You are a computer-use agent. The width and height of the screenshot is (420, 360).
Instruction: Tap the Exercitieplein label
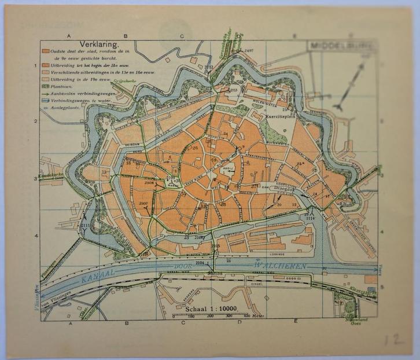point(280,116)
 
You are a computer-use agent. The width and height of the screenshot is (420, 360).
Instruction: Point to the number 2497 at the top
point(249,51)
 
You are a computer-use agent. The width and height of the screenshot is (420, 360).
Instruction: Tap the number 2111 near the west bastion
point(86,225)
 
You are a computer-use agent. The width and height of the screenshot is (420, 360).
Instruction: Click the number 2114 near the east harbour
point(310,218)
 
